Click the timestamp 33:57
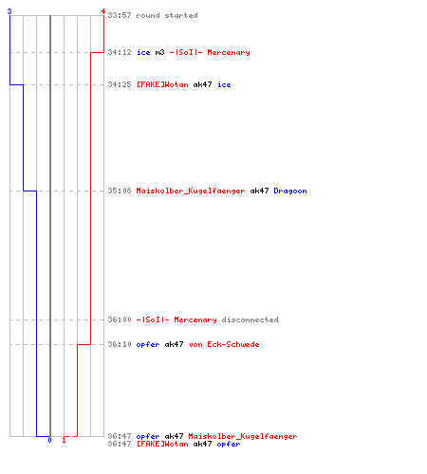coord(120,15)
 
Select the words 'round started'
coord(167,15)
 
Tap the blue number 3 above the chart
coord(9,11)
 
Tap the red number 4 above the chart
coord(103,11)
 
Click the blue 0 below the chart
coord(49,440)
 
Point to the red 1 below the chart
coord(64,440)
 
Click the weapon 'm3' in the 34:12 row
coord(159,52)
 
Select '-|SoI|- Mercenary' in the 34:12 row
coord(210,52)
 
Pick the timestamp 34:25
coord(120,84)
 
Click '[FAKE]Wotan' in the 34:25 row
coord(162,84)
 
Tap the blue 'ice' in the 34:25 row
coord(224,84)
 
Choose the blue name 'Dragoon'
coord(290,191)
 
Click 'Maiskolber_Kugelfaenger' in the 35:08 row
coord(191,191)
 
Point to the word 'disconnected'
coord(250,319)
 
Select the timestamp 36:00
coord(120,319)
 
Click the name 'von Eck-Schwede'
coord(224,344)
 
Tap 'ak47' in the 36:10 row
coord(174,344)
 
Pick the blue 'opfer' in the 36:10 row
coord(148,345)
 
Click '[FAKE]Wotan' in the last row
coord(162,444)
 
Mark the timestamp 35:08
coord(120,191)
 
